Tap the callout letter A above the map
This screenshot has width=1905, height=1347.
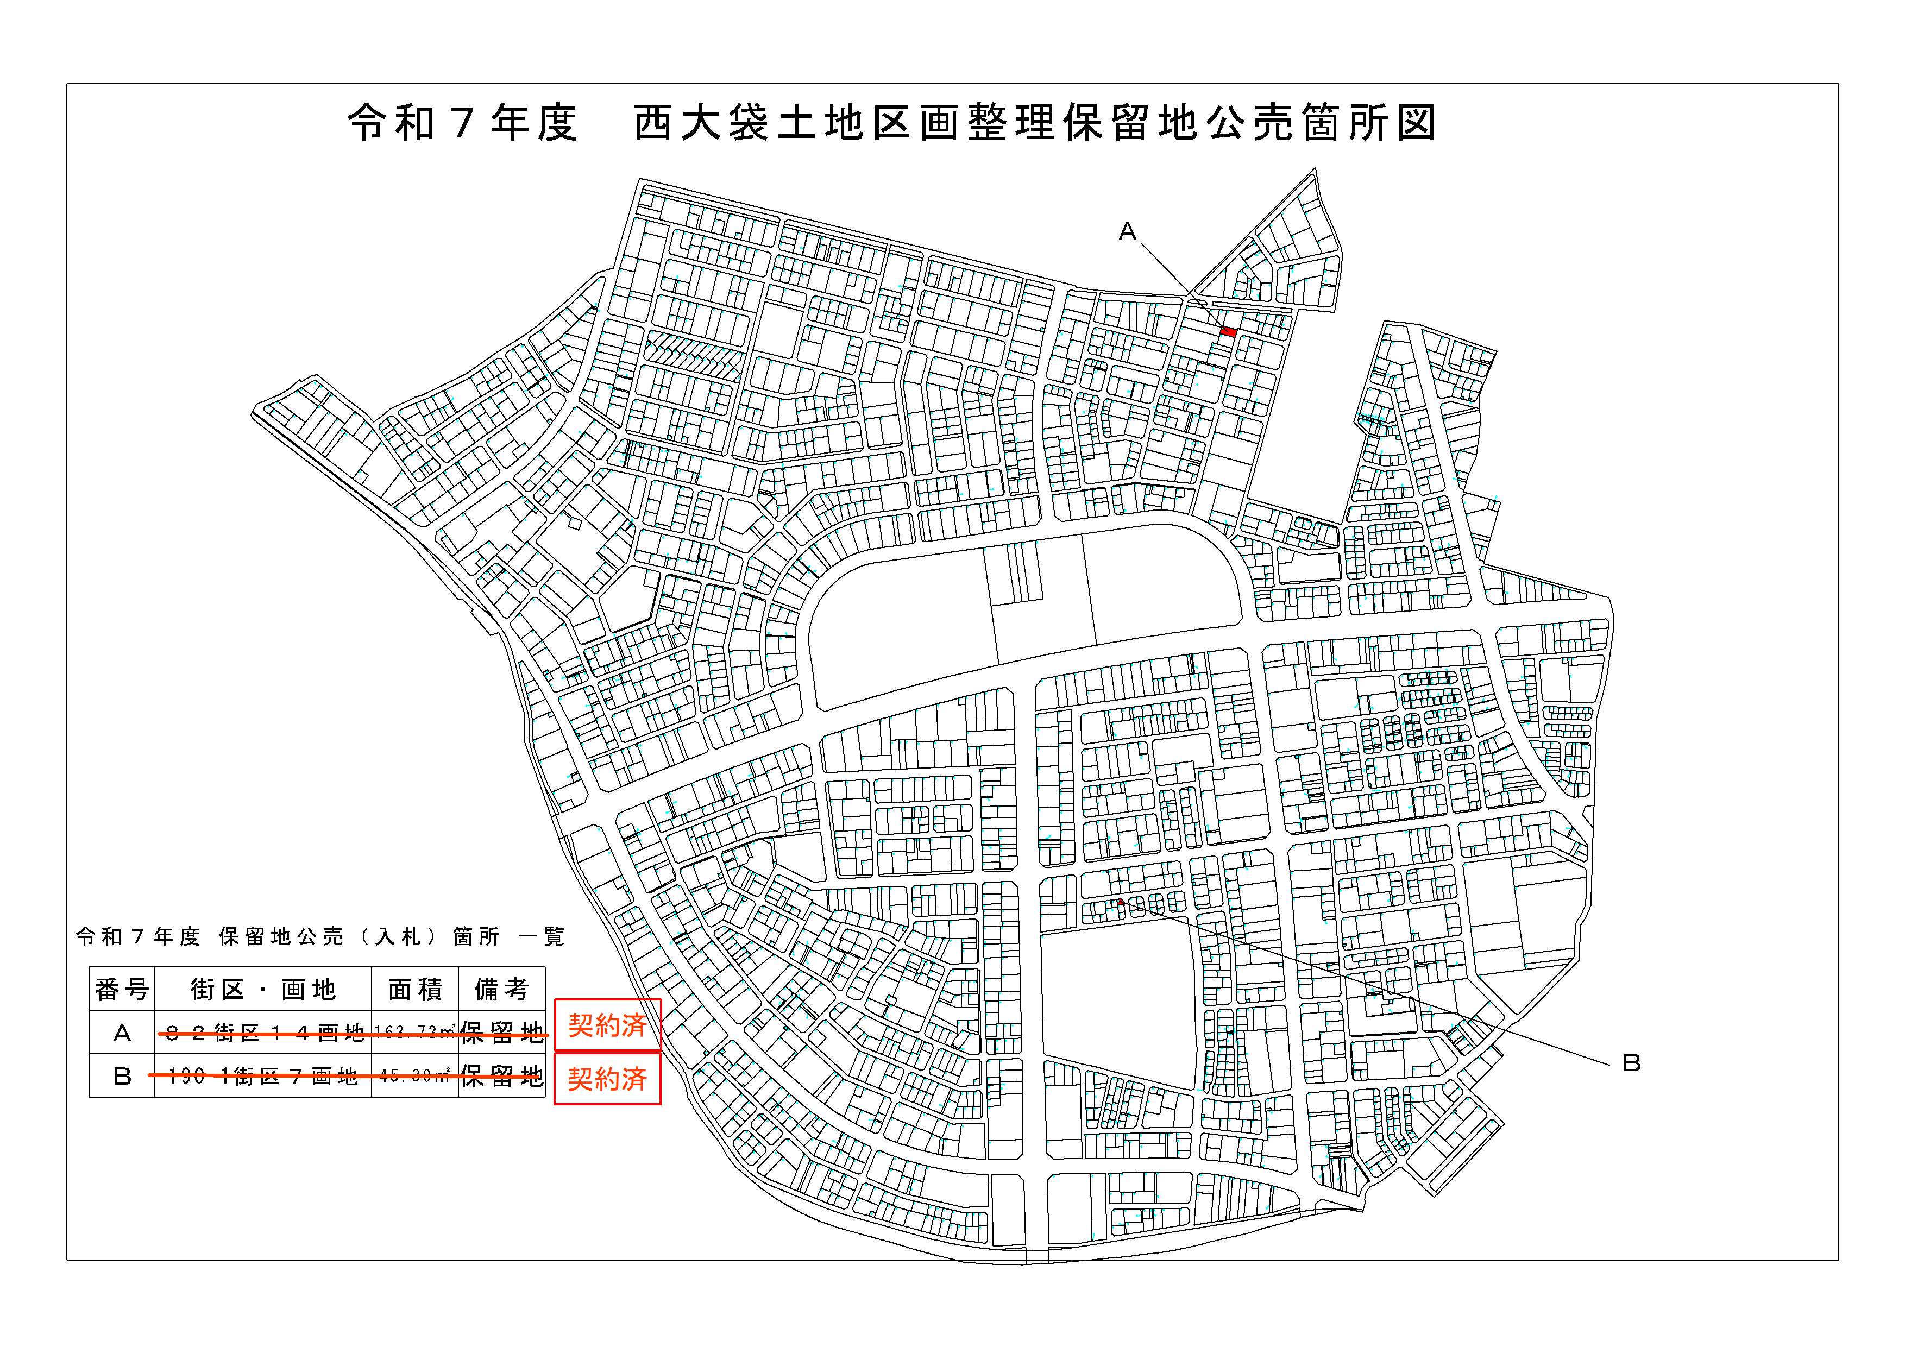tap(1127, 231)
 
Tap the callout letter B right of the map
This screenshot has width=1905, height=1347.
tap(1631, 1063)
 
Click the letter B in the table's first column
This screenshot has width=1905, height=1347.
tap(122, 1077)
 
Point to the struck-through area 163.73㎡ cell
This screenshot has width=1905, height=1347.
tap(415, 1033)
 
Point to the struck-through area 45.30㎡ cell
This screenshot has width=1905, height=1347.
tap(415, 1077)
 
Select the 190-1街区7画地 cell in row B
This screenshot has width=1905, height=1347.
tap(263, 1077)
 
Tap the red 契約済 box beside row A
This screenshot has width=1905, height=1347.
tap(607, 1026)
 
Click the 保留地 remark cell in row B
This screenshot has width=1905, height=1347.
tap(501, 1077)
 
